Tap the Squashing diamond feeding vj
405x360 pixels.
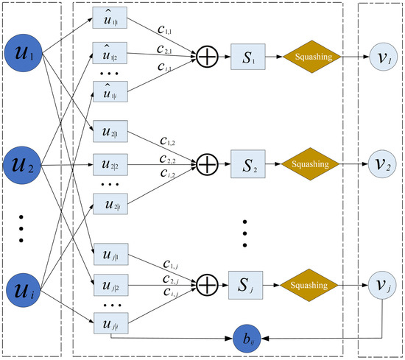[x=310, y=282]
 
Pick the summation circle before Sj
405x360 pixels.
[x=205, y=282]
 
